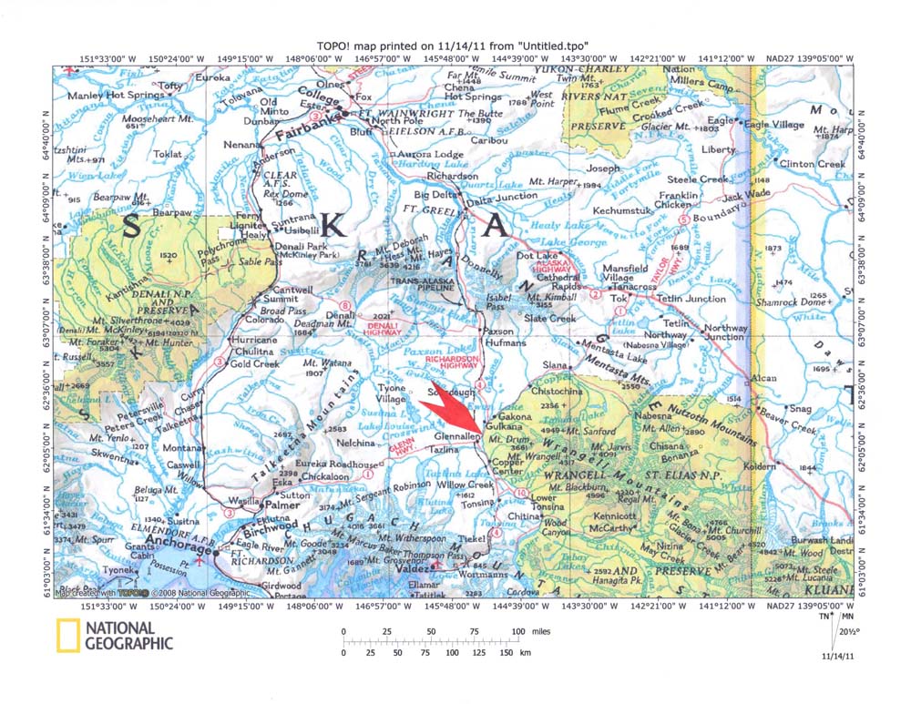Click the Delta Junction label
point(502,195)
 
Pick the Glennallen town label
point(456,436)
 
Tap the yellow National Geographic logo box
point(67,635)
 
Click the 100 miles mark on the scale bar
point(519,631)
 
